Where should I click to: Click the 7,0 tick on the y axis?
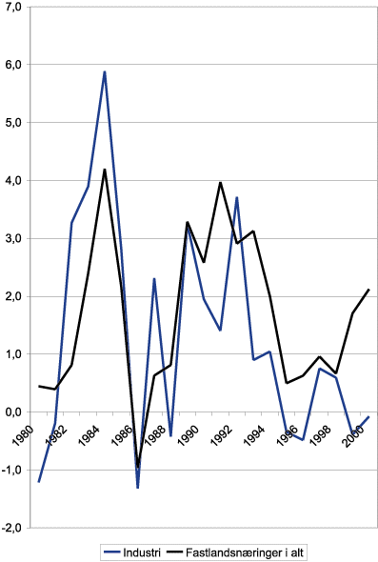[x=13, y=7]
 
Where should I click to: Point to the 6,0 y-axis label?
[x=13, y=65]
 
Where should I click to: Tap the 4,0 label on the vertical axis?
[x=13, y=180]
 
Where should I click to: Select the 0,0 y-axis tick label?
[x=13, y=411]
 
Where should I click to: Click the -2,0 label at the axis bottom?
[x=11, y=527]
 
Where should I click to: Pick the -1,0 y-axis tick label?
[x=11, y=470]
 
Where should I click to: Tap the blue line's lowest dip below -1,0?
[x=138, y=488]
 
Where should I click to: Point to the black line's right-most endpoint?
[x=368, y=290]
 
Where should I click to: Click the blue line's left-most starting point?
[x=39, y=482]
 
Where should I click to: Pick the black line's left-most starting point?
[x=39, y=386]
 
